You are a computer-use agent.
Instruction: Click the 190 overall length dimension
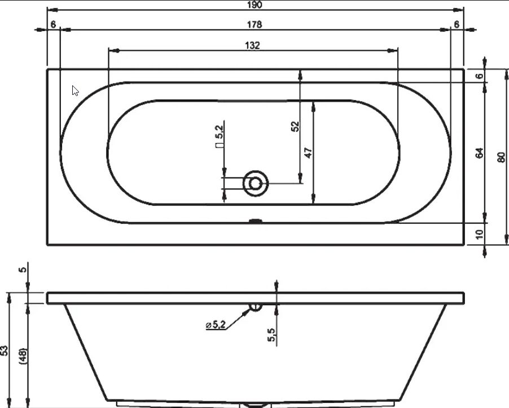click(x=254, y=5)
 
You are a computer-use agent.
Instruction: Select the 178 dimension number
click(x=254, y=24)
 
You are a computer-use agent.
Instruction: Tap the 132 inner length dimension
click(x=253, y=45)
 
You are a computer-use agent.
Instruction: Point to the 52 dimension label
click(x=295, y=126)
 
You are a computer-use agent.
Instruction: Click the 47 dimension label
click(x=308, y=153)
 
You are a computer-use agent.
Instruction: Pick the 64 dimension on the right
click(x=479, y=153)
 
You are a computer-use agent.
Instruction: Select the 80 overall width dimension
click(x=501, y=157)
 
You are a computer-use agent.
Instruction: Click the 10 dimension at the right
click(x=479, y=234)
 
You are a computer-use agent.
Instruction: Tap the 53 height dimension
click(x=4, y=350)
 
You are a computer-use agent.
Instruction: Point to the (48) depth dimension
click(x=24, y=356)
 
